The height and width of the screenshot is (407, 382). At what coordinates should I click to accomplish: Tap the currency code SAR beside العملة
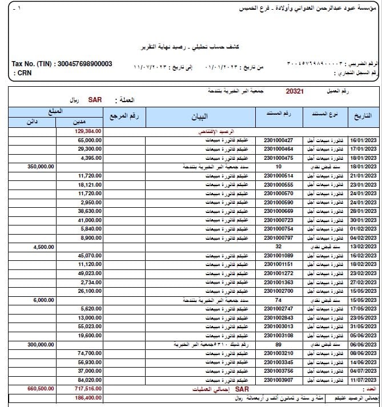click(x=94, y=100)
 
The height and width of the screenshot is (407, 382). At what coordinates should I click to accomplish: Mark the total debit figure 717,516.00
click(x=88, y=388)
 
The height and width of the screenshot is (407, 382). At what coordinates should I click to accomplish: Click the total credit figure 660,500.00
click(x=41, y=388)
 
